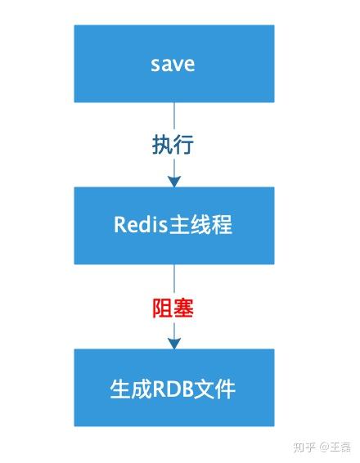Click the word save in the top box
tap(173, 64)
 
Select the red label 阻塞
tap(173, 308)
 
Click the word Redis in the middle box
tap(140, 225)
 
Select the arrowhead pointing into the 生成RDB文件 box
tap(173, 343)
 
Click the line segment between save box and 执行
tap(173, 115)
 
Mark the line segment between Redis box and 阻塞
tap(173, 278)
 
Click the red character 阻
tap(162, 308)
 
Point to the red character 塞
tap(183, 308)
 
